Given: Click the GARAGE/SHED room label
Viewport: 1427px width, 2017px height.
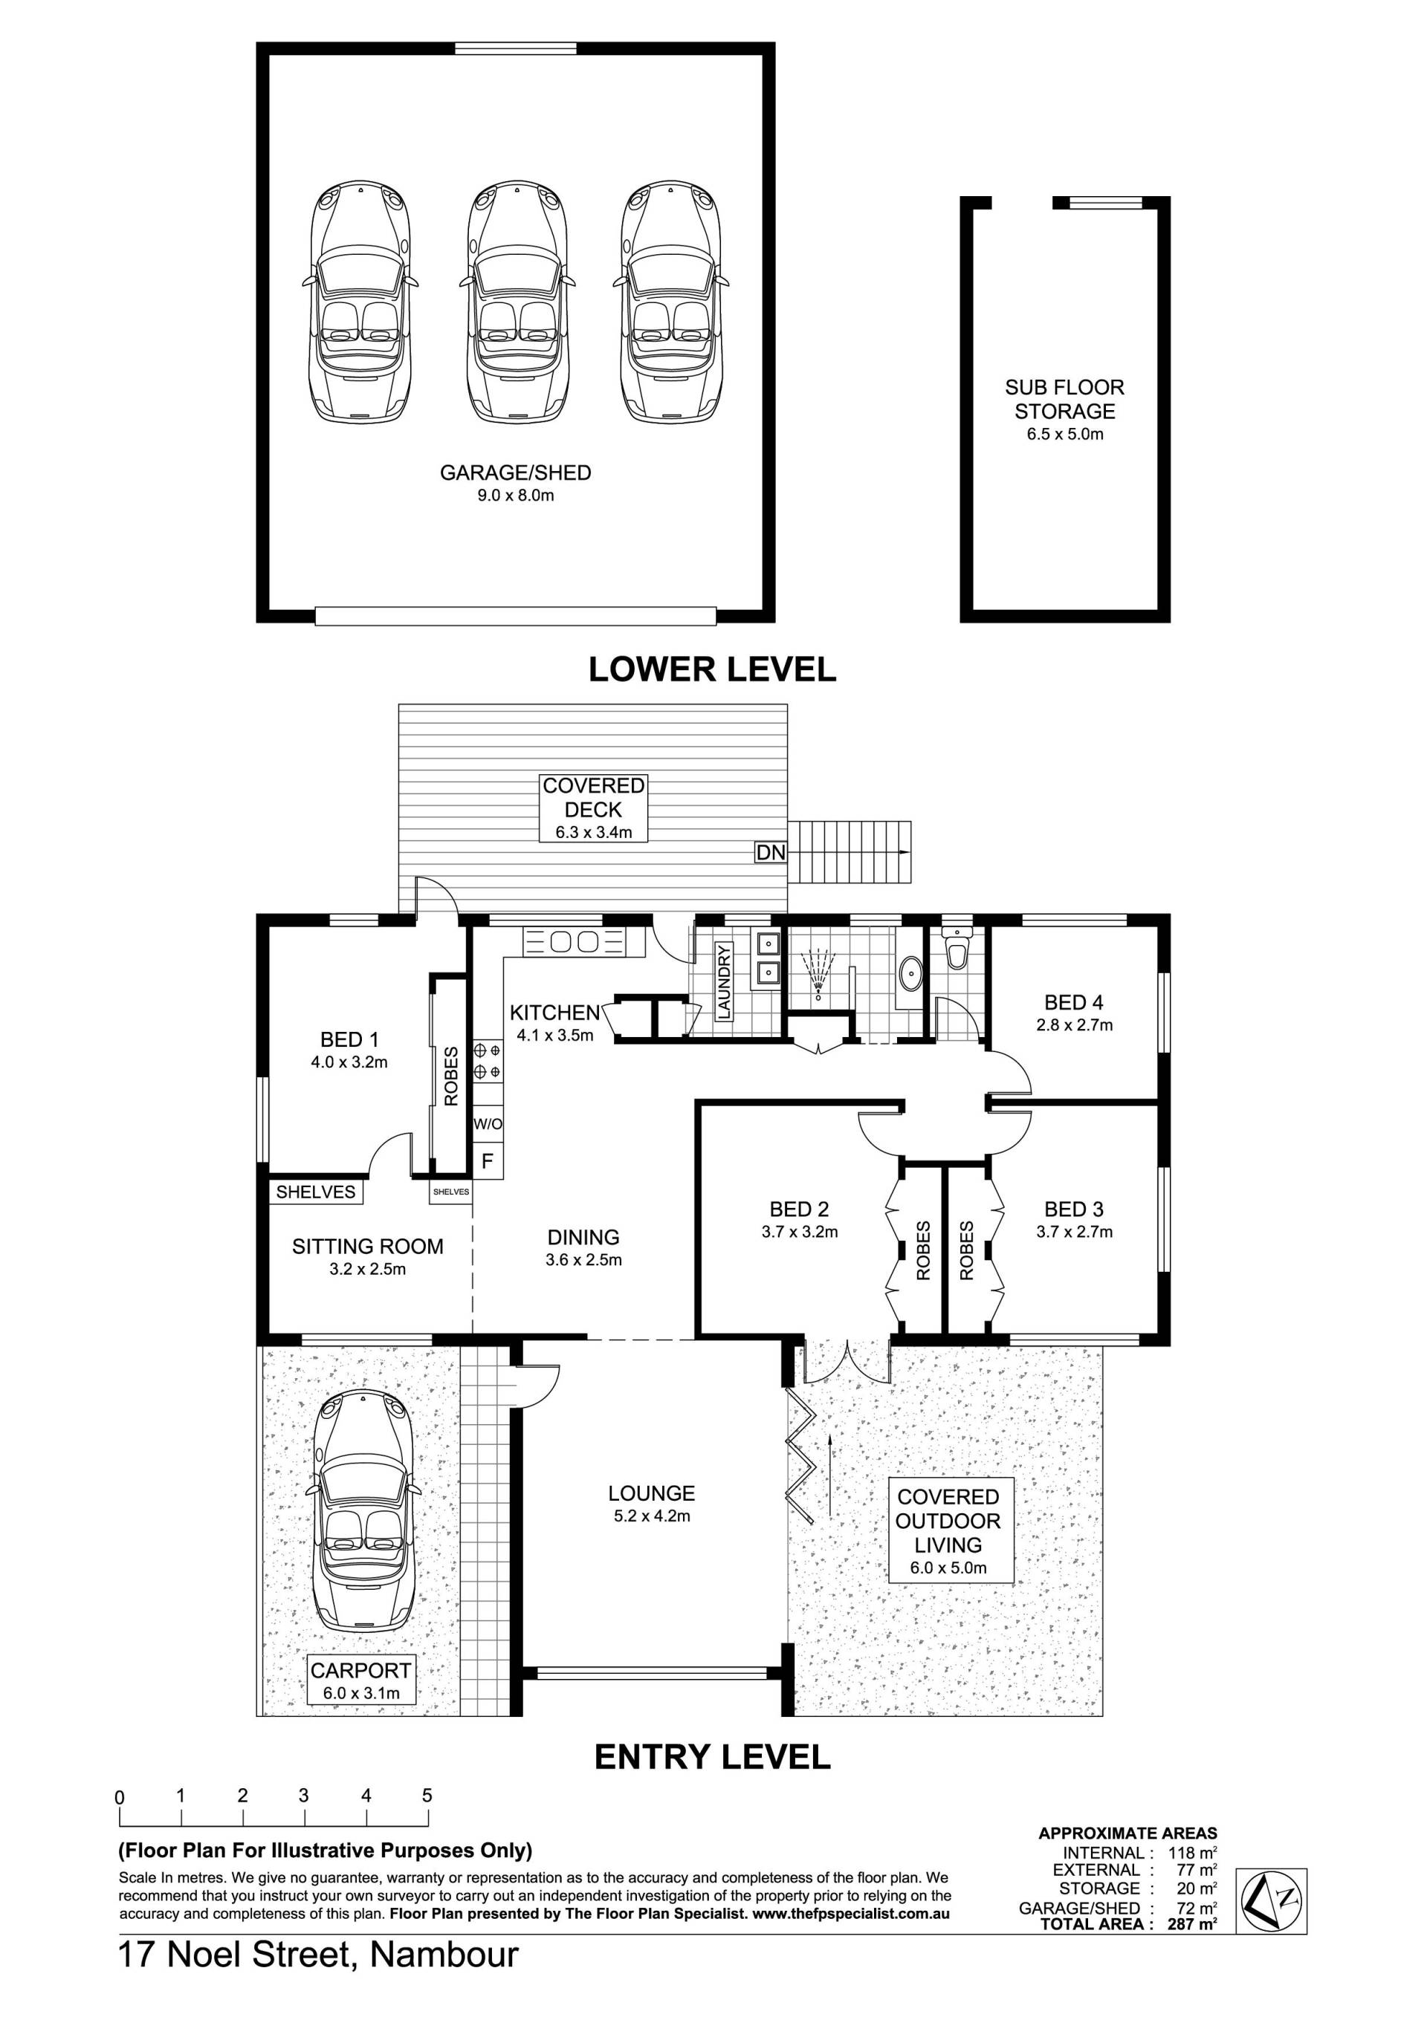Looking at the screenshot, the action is tap(515, 472).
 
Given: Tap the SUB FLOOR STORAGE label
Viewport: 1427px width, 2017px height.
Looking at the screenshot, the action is tap(1064, 399).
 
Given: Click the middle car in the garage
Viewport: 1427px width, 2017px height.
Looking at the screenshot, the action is tap(517, 302).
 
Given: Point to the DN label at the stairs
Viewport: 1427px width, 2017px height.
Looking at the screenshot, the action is tap(771, 852).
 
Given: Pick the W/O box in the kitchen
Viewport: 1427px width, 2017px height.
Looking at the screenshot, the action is tap(488, 1123).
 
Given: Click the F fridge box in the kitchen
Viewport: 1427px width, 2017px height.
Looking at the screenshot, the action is tap(488, 1161).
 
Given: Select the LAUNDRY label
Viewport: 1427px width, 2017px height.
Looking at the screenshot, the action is tap(724, 982).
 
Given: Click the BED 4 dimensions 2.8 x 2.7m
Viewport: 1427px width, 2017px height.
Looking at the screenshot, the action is tap(1074, 1024).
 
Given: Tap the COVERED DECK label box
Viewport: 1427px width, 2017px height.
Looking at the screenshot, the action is tap(594, 808).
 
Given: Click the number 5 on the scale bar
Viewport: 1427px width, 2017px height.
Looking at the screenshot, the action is tap(427, 1796).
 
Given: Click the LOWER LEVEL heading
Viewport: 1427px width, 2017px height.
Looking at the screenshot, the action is tap(712, 669).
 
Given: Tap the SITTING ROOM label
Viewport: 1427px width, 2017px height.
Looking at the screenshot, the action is tap(367, 1246).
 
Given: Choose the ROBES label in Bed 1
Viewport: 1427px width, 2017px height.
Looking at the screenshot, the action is tap(451, 1076).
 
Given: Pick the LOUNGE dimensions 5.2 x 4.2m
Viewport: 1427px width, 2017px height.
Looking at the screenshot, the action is tap(651, 1516).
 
